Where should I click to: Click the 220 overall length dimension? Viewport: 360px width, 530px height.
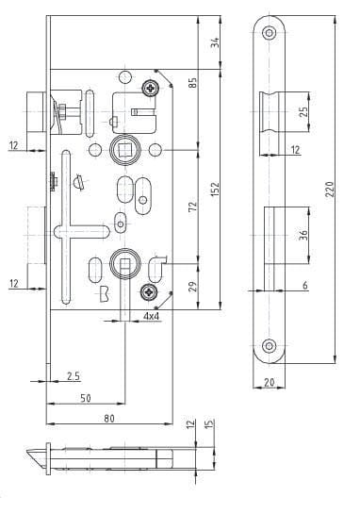click(330, 190)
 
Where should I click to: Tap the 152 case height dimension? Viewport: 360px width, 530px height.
click(215, 190)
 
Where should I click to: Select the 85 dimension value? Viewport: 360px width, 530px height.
click(192, 83)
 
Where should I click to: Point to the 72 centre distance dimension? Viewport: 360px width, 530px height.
click(192, 207)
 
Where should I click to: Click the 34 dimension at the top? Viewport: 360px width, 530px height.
click(215, 42)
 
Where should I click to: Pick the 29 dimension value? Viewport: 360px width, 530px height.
click(192, 287)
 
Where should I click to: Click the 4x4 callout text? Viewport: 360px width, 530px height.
click(152, 316)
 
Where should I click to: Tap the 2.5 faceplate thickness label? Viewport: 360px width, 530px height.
click(74, 376)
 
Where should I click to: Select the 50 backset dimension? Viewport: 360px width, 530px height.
click(86, 398)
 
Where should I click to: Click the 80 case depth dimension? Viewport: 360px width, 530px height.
click(109, 419)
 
